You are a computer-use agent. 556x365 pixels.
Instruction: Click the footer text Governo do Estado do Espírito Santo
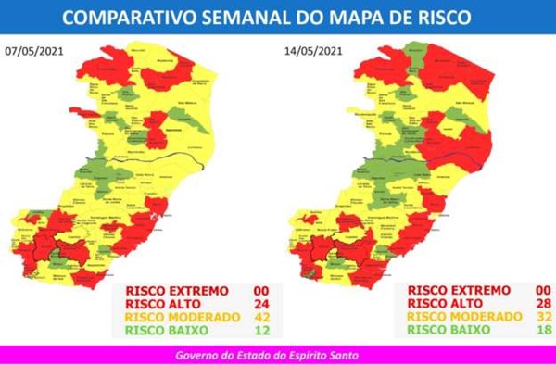(278, 355)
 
